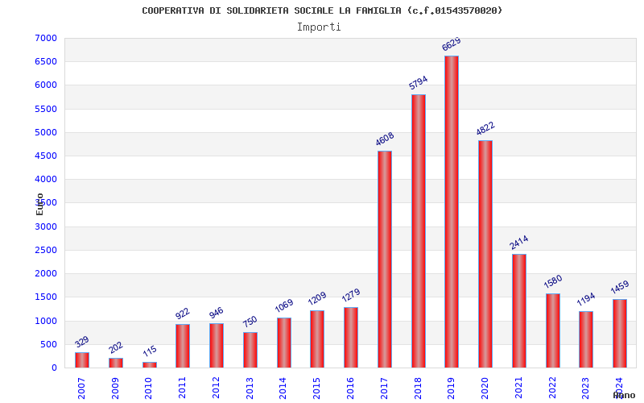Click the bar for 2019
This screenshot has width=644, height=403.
pos(452,211)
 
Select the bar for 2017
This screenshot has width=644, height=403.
pos(385,259)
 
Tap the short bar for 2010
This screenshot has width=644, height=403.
pos(150,364)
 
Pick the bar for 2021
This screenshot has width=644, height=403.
pos(519,310)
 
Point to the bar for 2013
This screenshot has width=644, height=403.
pos(250,350)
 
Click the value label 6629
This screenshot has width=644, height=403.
pos(452,44)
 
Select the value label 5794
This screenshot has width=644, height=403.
pos(418,83)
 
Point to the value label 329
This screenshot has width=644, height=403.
pos(82,342)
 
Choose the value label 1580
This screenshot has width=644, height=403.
pos(553,282)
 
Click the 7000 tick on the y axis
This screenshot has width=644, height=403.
pos(46,38)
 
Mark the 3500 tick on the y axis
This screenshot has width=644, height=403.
pos(46,203)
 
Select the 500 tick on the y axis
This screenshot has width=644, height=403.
pos(49,344)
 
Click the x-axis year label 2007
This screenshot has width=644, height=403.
pos(82,387)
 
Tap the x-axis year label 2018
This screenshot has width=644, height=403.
pos(419,387)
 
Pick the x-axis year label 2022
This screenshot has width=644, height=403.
pos(553,387)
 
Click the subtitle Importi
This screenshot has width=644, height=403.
pos(319,27)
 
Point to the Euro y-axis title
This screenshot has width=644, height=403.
pos(40,203)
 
